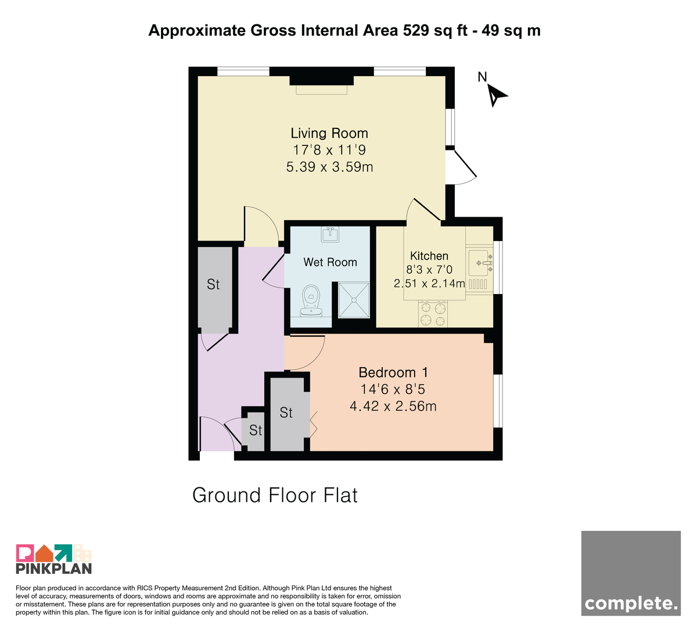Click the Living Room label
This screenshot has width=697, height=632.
pyautogui.click(x=329, y=134)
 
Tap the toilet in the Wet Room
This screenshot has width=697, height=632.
pyautogui.click(x=311, y=301)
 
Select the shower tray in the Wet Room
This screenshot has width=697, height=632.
pyautogui.click(x=354, y=300)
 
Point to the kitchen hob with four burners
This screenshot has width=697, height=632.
pyautogui.click(x=433, y=314)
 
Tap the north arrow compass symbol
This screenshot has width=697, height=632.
pyautogui.click(x=496, y=95)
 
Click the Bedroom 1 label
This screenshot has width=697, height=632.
pyautogui.click(x=393, y=373)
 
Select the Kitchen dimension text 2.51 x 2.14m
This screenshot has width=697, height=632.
pyautogui.click(x=429, y=283)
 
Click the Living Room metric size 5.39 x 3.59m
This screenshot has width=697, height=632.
pyautogui.click(x=329, y=167)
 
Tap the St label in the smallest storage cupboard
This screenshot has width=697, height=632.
pyautogui.click(x=256, y=430)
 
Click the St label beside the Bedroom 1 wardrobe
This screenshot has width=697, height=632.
pyautogui.click(x=286, y=412)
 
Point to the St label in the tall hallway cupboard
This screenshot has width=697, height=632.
pyautogui.click(x=213, y=285)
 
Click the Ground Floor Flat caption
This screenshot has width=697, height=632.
pyautogui.click(x=275, y=495)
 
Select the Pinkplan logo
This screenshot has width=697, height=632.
pyautogui.click(x=54, y=559)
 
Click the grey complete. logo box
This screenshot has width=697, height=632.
pyautogui.click(x=631, y=573)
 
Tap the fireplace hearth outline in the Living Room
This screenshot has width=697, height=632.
pyautogui.click(x=321, y=89)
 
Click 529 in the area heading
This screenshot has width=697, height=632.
pyautogui.click(x=416, y=31)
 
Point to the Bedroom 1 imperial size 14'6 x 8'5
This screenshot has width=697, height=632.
pyautogui.click(x=393, y=389)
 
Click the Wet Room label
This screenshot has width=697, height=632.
pyautogui.click(x=330, y=262)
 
